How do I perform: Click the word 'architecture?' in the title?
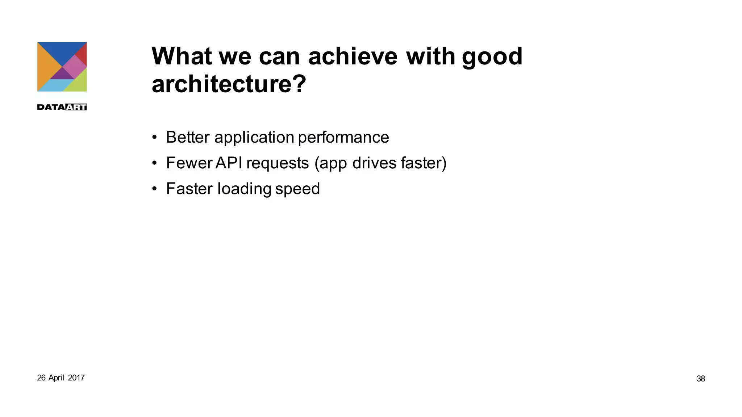[229, 84]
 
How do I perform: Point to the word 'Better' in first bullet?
[188, 137]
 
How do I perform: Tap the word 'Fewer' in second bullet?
[188, 163]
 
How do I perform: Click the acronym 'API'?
[229, 163]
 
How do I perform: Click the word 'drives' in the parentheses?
[374, 163]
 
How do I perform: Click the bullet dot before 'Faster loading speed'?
[155, 189]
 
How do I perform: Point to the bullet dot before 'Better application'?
[155, 138]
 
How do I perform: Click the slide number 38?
[700, 379]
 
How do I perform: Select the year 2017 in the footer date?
[76, 378]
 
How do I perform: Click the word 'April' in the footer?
[57, 378]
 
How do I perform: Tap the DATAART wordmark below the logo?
[62, 107]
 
